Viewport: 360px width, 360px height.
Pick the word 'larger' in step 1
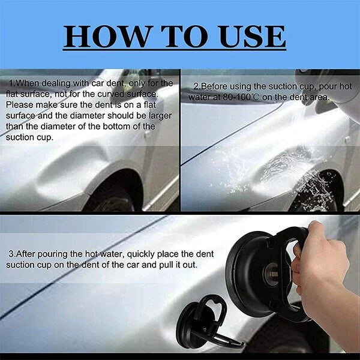(155, 115)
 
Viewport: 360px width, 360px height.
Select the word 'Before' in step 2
(208, 86)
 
